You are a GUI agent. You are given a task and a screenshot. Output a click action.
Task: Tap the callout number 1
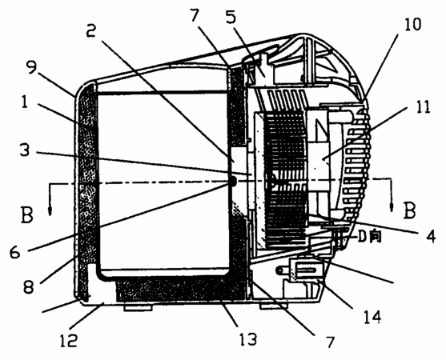click(x=25, y=102)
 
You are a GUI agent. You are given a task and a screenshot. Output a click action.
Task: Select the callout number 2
click(x=91, y=30)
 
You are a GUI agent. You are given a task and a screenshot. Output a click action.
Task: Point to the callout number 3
click(x=25, y=150)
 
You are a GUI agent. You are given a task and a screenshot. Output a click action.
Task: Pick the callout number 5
click(x=231, y=17)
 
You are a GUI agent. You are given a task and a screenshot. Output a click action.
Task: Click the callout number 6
click(x=14, y=251)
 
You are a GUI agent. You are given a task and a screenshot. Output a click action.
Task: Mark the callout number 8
click(x=29, y=286)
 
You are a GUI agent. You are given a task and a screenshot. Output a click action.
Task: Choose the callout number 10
click(x=412, y=25)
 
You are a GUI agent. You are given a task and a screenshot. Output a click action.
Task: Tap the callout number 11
click(x=423, y=107)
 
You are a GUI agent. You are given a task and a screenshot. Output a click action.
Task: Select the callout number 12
click(x=68, y=340)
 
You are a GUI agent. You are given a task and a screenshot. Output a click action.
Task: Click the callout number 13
click(x=248, y=338)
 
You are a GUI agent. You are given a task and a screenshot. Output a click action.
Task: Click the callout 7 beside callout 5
click(x=195, y=15)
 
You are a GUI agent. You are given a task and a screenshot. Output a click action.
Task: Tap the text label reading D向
click(x=369, y=237)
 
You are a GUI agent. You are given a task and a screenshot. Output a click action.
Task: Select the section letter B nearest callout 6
click(x=27, y=214)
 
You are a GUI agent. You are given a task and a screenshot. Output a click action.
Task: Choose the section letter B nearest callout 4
click(x=410, y=210)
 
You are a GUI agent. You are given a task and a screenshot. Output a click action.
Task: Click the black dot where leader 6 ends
click(x=232, y=181)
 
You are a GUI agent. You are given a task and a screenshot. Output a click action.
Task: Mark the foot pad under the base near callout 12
click(x=137, y=307)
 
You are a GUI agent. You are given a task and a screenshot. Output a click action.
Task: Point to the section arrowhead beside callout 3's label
click(x=50, y=211)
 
